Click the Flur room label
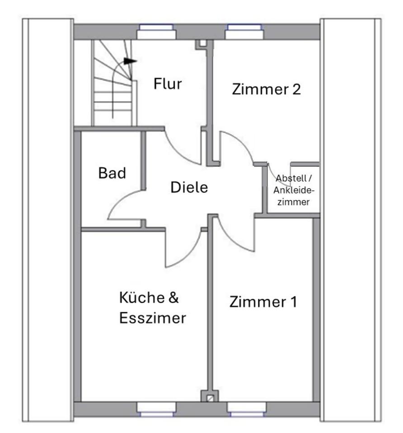[x=168, y=84]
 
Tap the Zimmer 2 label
[x=266, y=89]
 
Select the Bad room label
[x=112, y=173]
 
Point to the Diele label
[x=189, y=187]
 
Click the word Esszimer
[x=153, y=318]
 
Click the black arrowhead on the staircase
[x=130, y=60]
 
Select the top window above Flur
[x=156, y=32]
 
